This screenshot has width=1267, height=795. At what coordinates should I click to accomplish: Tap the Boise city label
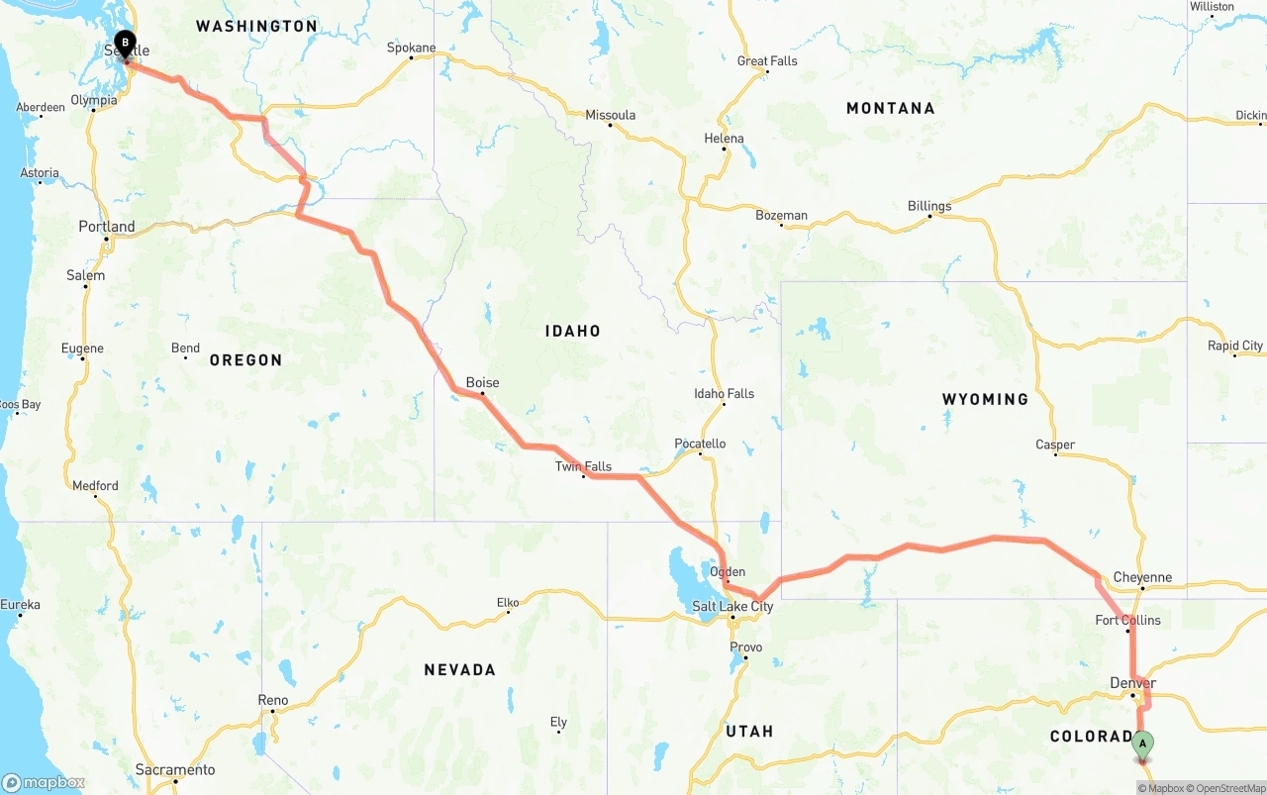tap(482, 383)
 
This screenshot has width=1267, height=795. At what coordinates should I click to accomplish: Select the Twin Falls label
tap(583, 466)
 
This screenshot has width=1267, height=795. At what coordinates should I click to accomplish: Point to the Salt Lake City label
tap(732, 606)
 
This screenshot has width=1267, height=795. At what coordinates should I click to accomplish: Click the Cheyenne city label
tap(1142, 577)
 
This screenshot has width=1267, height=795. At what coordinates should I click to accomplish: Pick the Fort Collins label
tap(1127, 620)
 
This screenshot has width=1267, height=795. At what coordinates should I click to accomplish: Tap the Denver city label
tap(1132, 683)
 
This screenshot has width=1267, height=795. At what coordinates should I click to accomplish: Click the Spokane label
tap(411, 48)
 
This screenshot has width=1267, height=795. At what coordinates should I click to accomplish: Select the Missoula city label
tap(610, 115)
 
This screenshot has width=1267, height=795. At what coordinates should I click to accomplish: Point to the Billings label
tap(929, 206)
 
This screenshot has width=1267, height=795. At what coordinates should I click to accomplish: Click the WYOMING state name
tap(985, 399)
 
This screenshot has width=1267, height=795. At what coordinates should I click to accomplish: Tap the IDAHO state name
tap(572, 331)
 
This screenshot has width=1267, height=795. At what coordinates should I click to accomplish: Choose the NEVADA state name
tap(459, 670)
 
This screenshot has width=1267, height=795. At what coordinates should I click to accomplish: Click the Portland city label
tap(107, 227)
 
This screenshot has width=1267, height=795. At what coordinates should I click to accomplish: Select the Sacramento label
tap(175, 769)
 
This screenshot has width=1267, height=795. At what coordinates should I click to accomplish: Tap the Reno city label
tap(273, 700)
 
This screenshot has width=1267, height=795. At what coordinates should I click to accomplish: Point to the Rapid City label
tap(1235, 346)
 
